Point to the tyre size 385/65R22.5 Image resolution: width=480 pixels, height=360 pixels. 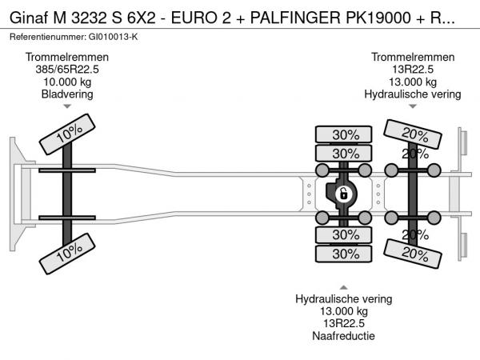pyautogui.click(x=67, y=70)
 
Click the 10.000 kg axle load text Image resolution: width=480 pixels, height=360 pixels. pyautogui.click(x=67, y=82)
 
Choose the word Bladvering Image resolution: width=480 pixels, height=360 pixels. pyautogui.click(x=67, y=94)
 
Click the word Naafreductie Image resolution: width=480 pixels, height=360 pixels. pyautogui.click(x=344, y=335)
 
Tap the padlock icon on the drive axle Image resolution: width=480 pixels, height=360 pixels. pyautogui.click(x=342, y=194)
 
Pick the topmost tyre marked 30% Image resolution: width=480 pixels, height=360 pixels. pyautogui.click(x=346, y=134)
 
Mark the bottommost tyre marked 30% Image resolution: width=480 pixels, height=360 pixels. pyautogui.click(x=346, y=254)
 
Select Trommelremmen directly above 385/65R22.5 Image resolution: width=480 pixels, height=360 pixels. pyautogui.click(x=67, y=58)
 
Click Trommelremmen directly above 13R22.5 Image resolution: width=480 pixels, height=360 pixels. pyautogui.click(x=413, y=58)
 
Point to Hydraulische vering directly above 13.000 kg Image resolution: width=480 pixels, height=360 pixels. pyautogui.click(x=344, y=299)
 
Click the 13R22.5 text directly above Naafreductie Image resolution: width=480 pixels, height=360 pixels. pyautogui.click(x=344, y=323)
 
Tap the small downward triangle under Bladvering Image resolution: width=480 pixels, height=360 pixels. pyautogui.click(x=67, y=106)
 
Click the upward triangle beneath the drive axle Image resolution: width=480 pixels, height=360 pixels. pyautogui.click(x=344, y=286)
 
